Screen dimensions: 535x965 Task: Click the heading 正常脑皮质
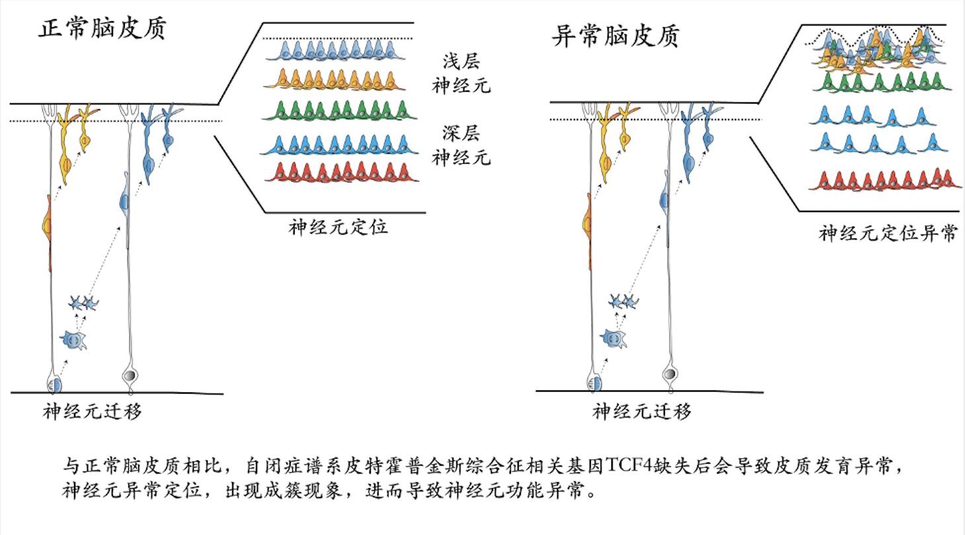point(102,30)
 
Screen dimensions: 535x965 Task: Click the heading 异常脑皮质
point(615,36)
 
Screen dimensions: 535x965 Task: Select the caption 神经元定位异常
point(888,233)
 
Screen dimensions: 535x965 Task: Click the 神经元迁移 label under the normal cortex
point(93,412)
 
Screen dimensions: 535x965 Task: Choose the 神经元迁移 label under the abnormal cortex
point(642,412)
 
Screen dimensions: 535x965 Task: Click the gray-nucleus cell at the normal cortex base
point(131,376)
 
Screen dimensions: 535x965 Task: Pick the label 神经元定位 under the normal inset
point(338,229)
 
